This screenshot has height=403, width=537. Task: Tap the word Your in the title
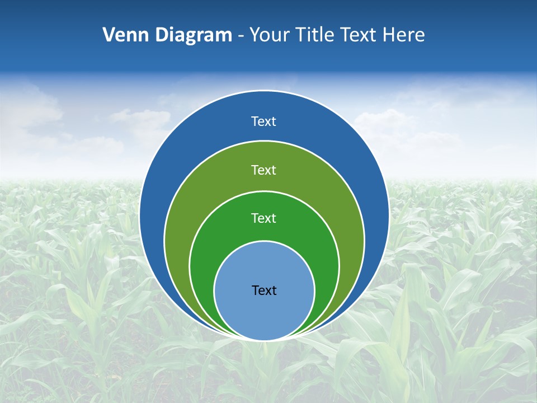tap(269, 35)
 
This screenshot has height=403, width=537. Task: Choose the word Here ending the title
tap(404, 35)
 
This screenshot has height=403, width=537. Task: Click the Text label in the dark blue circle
tap(264, 121)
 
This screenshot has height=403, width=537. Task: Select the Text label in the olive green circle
tap(264, 170)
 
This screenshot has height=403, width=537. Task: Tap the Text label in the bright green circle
tap(264, 218)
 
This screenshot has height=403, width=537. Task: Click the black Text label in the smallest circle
tap(264, 290)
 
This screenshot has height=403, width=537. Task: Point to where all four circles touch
tap(264, 340)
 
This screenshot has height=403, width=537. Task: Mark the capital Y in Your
tap(255, 35)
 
